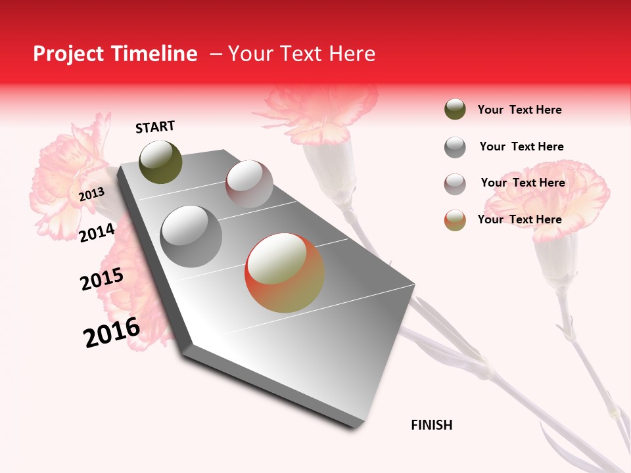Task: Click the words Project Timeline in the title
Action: tap(115, 54)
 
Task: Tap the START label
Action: tap(155, 127)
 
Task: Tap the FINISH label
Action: tap(432, 425)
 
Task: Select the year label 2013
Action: tap(91, 194)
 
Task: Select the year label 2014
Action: tap(97, 233)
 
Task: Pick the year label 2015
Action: tap(102, 279)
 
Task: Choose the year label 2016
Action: tap(112, 332)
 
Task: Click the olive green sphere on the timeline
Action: tap(161, 162)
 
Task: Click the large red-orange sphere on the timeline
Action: tap(285, 273)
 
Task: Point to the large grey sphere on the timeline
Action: tap(191, 236)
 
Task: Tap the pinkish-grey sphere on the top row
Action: tap(249, 184)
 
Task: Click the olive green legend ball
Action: tap(455, 110)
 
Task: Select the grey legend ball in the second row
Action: tap(455, 146)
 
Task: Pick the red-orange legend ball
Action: tap(455, 219)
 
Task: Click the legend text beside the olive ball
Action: tap(519, 110)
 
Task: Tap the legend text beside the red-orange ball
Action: tap(519, 219)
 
